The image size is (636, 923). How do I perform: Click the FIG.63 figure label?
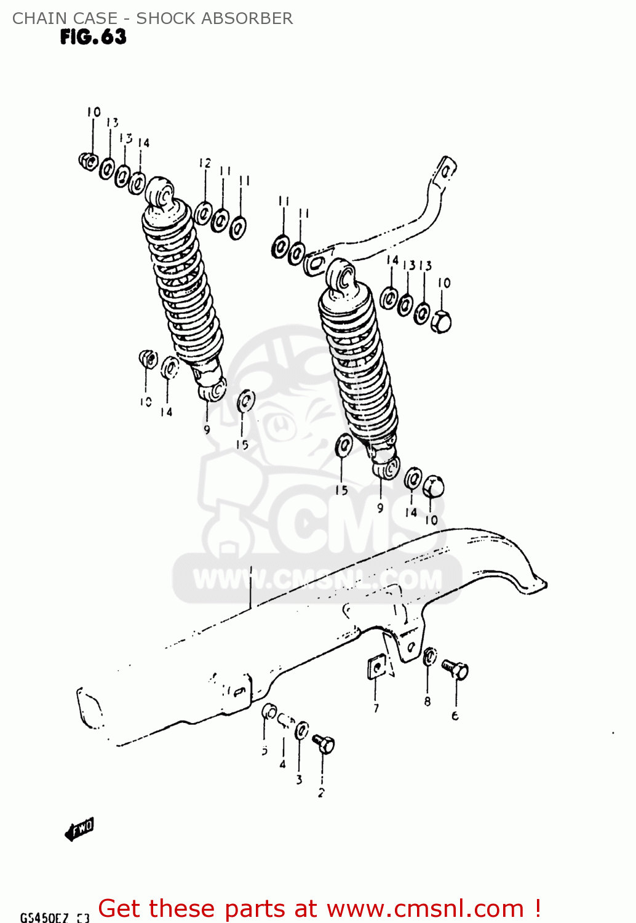(93, 38)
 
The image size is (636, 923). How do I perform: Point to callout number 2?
(321, 793)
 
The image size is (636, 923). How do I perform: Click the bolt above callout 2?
(324, 744)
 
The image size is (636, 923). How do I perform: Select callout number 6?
(455, 716)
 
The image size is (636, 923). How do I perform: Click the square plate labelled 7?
(376, 667)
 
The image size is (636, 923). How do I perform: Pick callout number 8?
(427, 701)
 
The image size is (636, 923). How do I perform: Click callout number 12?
(205, 163)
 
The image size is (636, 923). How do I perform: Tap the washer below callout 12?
(203, 213)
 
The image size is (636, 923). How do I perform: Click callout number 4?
(282, 764)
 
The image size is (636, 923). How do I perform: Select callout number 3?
(300, 780)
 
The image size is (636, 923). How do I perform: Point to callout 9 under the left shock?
(207, 430)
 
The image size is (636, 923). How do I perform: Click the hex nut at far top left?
(88, 161)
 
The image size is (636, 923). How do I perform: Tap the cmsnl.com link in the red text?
(424, 908)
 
